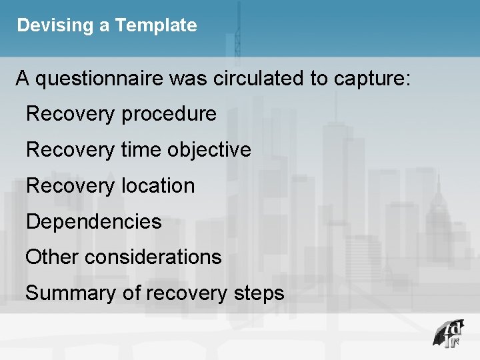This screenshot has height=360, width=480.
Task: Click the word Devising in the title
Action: (46, 26)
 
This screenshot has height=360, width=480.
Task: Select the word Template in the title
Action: (156, 26)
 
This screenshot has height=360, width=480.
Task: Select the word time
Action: (141, 149)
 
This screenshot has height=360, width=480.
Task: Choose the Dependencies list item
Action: (94, 221)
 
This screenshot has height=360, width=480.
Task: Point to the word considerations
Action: (153, 257)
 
